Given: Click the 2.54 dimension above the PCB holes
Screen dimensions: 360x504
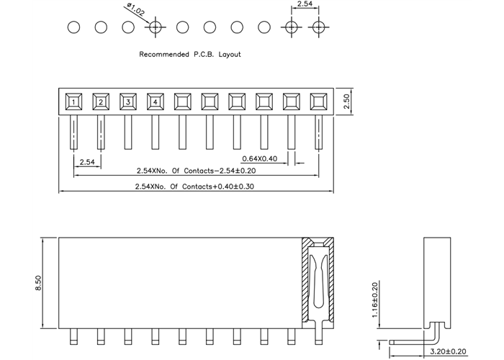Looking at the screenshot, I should point(305,6).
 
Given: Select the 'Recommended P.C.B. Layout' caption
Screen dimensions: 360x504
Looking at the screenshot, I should point(190,54).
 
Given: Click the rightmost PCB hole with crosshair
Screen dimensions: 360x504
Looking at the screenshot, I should point(318,28).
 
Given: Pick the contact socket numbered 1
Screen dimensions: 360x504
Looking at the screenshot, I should point(74,101).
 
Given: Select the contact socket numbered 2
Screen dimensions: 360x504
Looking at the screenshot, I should point(102,101).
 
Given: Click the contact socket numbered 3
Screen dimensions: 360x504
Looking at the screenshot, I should point(128,101).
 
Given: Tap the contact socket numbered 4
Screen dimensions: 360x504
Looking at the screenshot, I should point(156,101).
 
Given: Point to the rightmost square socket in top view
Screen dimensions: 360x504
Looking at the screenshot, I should point(318,101).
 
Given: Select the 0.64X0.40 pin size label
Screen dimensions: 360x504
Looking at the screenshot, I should point(259,158).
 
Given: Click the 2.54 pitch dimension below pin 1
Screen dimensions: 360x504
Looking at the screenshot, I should point(87,162).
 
